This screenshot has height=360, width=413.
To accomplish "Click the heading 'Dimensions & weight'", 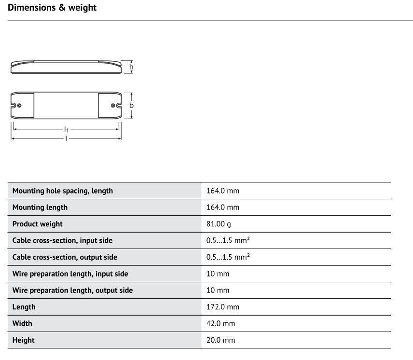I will pos(52,8).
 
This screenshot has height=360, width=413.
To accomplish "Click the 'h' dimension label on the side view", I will pos(131,67).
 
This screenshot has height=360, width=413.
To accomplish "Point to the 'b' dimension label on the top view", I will pos(131,105).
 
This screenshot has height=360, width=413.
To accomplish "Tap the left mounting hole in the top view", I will pos(19,105).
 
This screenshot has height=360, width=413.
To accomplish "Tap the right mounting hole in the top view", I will pos(113,105).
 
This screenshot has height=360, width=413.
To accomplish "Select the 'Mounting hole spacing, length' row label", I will pos(63,191).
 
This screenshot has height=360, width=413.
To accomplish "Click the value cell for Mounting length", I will pos(223,208).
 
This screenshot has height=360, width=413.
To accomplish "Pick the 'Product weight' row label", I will pos(38,224).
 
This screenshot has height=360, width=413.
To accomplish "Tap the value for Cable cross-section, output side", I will pos(228,257).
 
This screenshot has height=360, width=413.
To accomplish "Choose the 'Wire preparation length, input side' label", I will pos(70,274).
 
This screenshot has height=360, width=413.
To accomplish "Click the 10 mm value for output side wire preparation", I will pos(218,291).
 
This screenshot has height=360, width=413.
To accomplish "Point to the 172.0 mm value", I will pos(223,307).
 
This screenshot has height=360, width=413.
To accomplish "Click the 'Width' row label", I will pos(22,323).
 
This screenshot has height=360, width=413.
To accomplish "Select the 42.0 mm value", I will pos(221,323).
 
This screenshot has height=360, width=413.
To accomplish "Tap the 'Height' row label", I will pos(24,340).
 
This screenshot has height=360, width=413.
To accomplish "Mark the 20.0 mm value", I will pos(221,340).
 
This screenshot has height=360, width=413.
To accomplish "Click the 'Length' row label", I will pos(24,307).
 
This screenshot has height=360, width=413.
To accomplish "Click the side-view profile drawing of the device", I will pos(66,67).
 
